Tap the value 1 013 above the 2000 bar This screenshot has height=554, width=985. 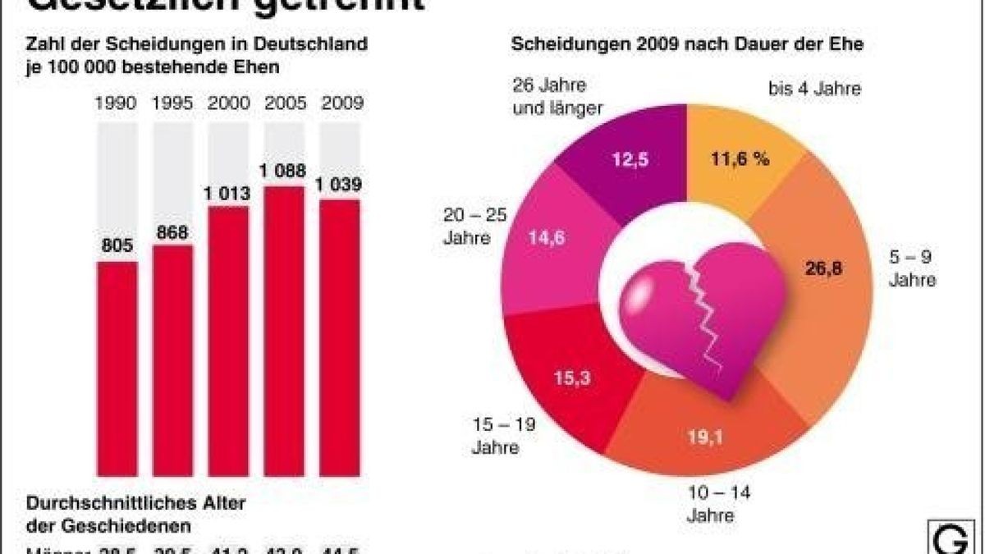point(228,192)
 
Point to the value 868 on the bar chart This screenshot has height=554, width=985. point(172,232)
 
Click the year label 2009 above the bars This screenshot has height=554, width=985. point(340,104)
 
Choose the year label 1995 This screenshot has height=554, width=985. point(172,104)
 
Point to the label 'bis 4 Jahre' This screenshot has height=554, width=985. point(814,89)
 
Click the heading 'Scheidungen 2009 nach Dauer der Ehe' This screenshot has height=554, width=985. point(687,44)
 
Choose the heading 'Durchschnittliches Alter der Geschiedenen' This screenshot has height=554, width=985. point(136,515)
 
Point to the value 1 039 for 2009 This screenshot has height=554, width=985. point(340,185)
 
